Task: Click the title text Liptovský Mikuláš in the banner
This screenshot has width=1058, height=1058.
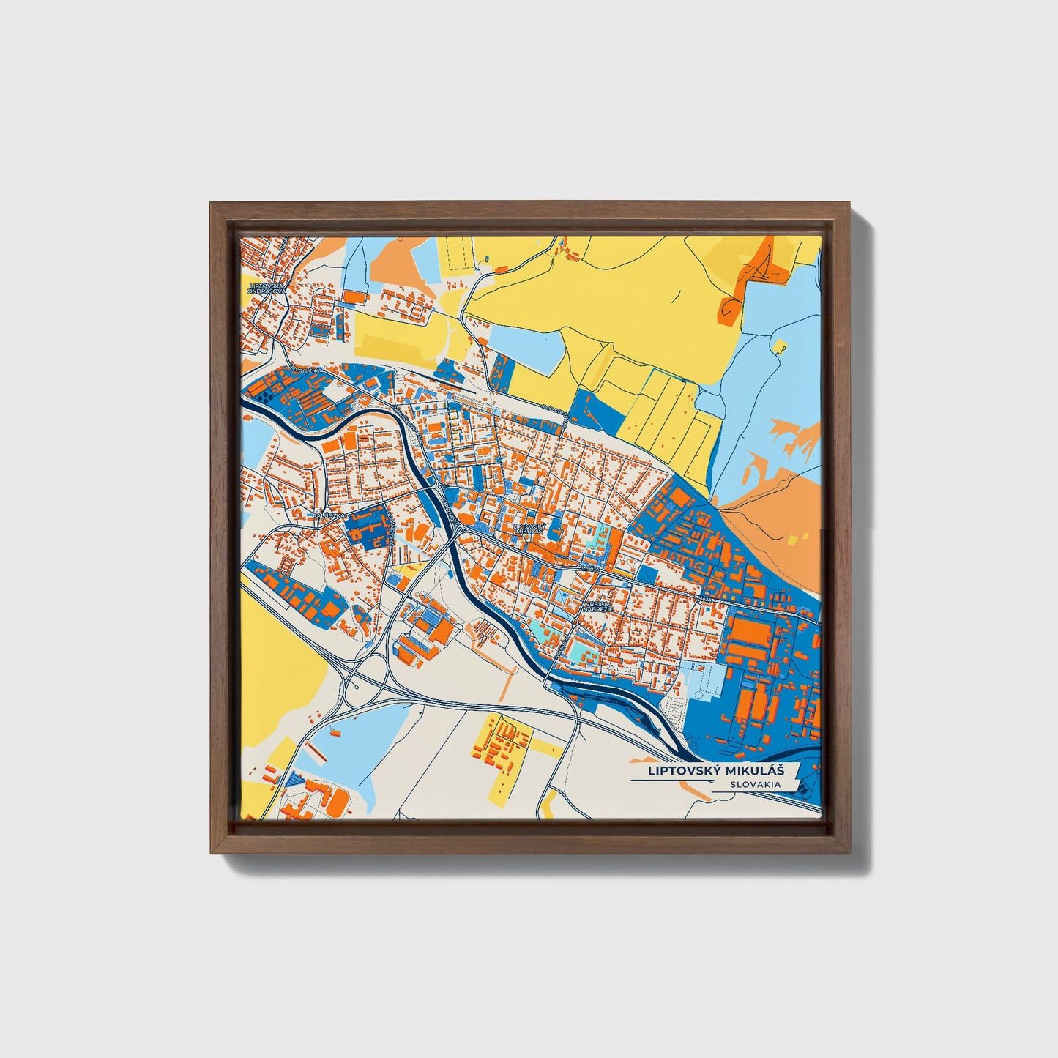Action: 715,771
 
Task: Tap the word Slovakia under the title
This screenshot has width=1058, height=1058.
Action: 755,785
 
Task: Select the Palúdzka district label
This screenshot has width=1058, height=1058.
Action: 327,515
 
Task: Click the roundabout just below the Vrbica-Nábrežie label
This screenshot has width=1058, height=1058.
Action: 576,622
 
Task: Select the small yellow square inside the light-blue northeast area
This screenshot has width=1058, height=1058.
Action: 781,345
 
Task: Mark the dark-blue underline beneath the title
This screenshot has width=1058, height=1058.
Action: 670,781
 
